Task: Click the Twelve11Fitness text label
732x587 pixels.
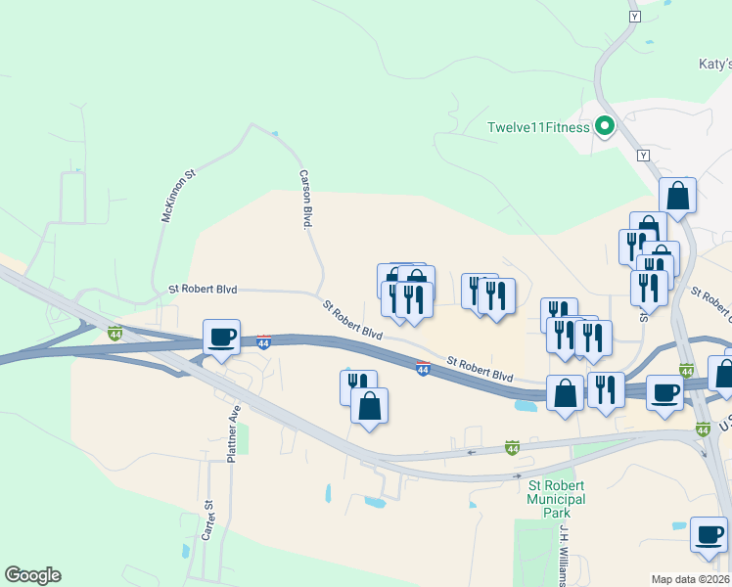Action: (x=538, y=127)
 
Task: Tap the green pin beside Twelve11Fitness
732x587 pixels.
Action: (x=605, y=126)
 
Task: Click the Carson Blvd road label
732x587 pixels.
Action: (x=304, y=199)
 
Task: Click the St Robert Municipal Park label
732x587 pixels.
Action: (x=556, y=492)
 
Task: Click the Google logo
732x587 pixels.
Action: (x=32, y=575)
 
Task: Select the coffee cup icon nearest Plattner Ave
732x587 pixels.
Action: (x=221, y=338)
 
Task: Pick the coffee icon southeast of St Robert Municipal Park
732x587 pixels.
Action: (x=709, y=534)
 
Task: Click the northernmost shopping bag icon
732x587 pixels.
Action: (x=677, y=195)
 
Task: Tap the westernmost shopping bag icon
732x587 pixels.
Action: (x=369, y=405)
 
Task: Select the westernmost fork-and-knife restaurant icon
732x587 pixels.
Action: (x=357, y=386)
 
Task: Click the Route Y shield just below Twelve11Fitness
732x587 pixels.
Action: (x=643, y=156)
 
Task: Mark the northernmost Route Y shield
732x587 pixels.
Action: (x=634, y=17)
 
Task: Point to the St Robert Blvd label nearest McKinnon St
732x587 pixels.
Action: (x=204, y=290)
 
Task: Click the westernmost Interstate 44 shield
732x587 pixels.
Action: (x=114, y=334)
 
